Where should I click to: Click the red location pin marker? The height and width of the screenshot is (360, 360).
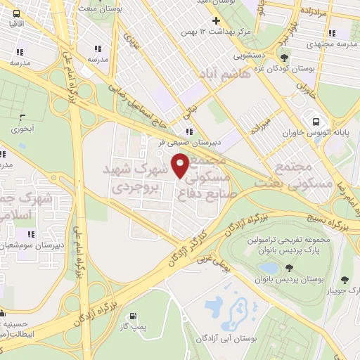(x=181, y=166)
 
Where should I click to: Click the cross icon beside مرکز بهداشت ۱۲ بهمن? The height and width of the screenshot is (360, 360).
(x=215, y=20)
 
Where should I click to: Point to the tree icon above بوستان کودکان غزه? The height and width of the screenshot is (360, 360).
(x=284, y=59)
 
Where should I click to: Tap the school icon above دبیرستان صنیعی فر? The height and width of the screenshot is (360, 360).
(x=188, y=131)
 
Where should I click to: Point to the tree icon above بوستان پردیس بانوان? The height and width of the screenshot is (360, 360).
(x=289, y=267)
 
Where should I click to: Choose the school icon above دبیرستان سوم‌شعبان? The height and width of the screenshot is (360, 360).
(x=30, y=233)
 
